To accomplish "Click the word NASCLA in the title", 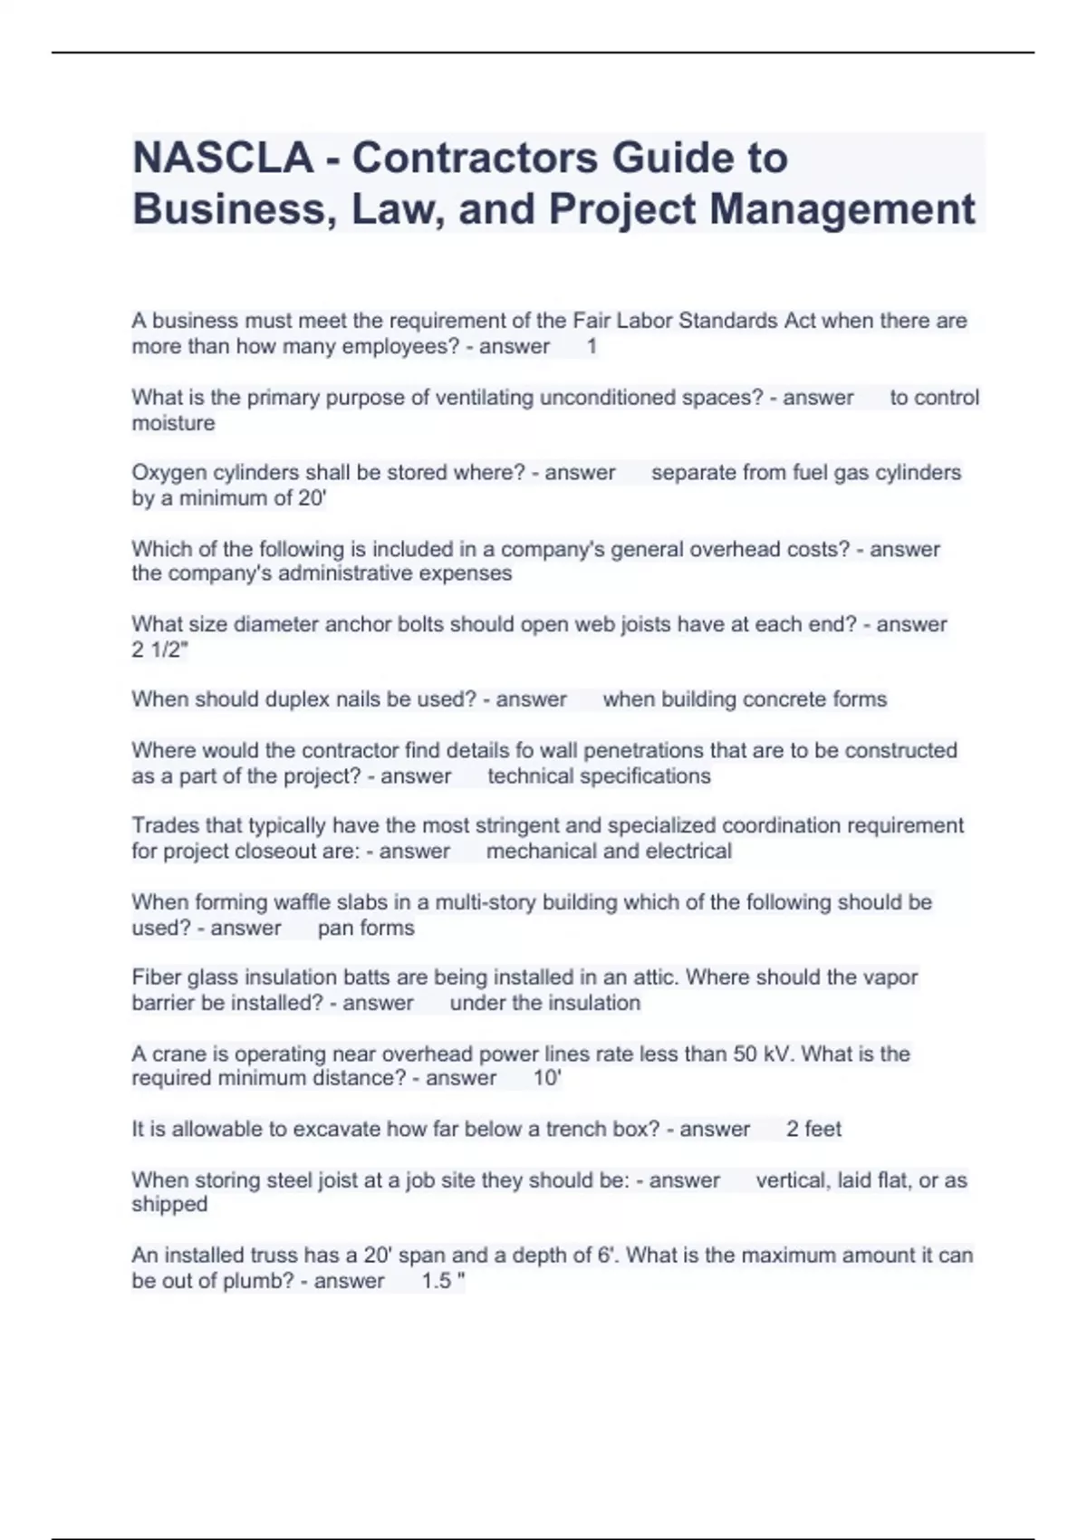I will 223,158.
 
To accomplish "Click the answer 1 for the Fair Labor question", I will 592,347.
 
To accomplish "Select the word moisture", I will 173,423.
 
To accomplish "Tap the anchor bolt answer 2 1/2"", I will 160,650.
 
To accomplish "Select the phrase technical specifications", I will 599,776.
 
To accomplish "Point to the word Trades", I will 161,825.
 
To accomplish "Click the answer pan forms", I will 366,928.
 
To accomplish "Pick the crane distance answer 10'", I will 547,1078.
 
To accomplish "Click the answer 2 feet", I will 813,1129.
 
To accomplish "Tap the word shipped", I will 169,1205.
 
